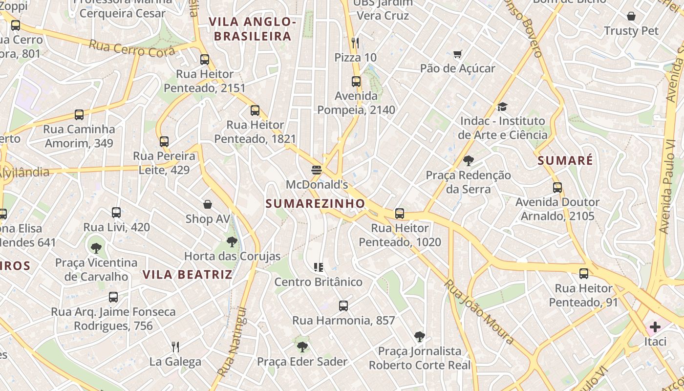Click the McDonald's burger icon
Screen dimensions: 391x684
tap(317, 170)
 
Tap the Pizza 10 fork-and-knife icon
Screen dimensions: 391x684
tap(355, 43)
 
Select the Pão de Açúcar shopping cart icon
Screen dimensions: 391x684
tap(457, 54)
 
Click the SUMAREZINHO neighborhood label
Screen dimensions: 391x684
tap(315, 204)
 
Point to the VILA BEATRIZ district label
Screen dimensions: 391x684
tap(188, 275)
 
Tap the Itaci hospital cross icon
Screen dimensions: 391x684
tap(655, 327)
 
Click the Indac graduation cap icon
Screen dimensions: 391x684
tap(502, 107)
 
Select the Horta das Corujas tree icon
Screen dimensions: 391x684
tap(232, 241)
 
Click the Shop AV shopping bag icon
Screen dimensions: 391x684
tap(208, 204)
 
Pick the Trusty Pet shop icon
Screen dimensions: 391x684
tap(631, 16)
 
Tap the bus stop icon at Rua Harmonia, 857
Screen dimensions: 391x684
tap(343, 306)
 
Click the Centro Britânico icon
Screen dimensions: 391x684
tap(319, 267)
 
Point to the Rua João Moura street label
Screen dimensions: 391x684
tap(479, 311)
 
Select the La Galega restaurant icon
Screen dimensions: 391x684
tap(175, 347)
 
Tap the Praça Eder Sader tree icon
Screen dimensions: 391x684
tap(302, 347)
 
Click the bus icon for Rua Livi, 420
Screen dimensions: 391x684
tap(116, 213)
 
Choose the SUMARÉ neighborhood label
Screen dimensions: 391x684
tap(565, 160)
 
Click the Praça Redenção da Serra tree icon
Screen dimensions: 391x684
tap(468, 160)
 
